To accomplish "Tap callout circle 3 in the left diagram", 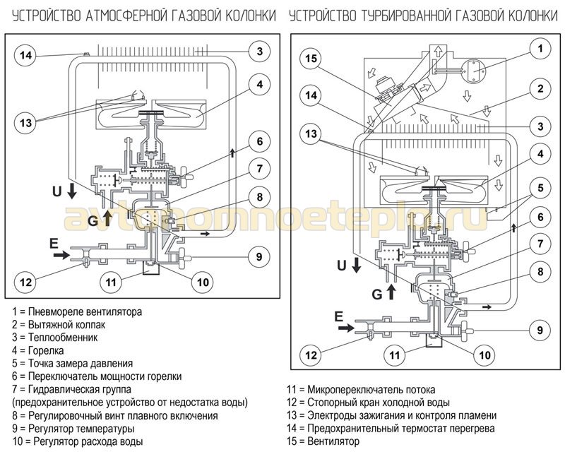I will tap(260, 51).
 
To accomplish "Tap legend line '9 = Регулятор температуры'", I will tap(73, 428).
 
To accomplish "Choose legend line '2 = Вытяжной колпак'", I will tap(59, 323).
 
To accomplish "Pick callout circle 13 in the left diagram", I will tap(25, 121).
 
